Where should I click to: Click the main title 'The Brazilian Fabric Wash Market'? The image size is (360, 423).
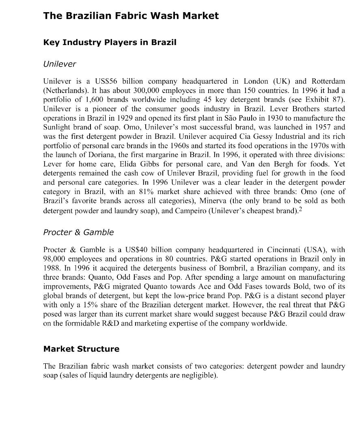click(x=131, y=16)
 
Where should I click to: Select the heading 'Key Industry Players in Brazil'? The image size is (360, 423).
click(x=110, y=43)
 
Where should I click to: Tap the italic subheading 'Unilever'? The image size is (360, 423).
click(x=59, y=64)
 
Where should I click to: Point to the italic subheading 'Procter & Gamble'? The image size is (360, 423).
click(x=78, y=232)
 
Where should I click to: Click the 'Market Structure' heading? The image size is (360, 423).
click(x=81, y=349)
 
